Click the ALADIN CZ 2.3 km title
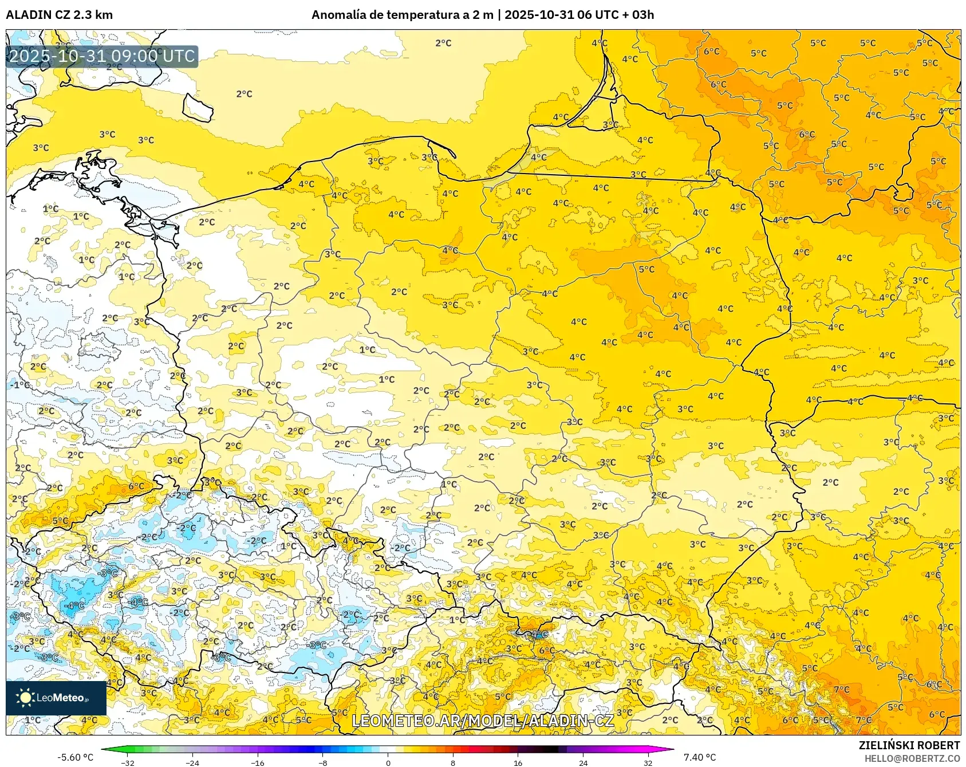(x=59, y=15)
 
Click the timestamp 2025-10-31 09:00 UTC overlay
(x=102, y=56)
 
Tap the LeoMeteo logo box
(x=56, y=698)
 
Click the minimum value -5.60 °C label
(x=75, y=757)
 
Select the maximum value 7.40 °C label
(x=700, y=757)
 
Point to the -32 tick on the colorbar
(x=128, y=762)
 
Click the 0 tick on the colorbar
(x=388, y=762)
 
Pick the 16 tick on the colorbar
(x=518, y=762)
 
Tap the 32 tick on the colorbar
(x=648, y=762)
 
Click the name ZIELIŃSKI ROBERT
(x=909, y=745)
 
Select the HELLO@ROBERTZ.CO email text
(x=912, y=758)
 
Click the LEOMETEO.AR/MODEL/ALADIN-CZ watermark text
(x=482, y=721)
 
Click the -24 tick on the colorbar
(x=193, y=762)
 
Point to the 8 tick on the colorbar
(x=453, y=762)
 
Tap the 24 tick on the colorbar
(x=583, y=762)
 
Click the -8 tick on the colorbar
(x=323, y=762)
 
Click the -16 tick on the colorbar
(x=258, y=762)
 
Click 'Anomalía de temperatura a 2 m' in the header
(x=402, y=15)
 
